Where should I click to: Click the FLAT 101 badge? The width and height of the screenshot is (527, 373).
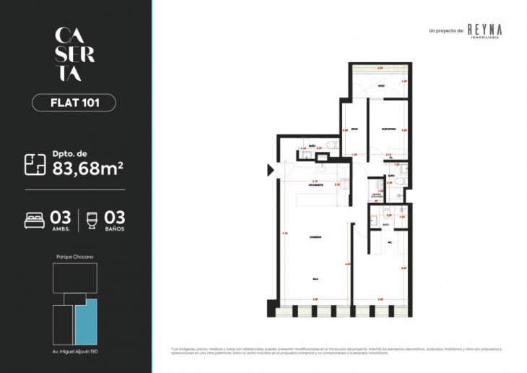pos(74,103)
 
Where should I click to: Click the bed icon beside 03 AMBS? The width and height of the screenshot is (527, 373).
pos(35,219)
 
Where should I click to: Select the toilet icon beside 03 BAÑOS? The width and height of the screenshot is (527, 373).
pos(92,219)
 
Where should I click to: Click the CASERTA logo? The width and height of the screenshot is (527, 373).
pos(74,54)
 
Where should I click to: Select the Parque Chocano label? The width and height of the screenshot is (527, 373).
pos(74,257)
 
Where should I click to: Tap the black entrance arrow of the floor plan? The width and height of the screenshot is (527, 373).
pos(271,171)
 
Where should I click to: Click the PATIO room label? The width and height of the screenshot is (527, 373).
pos(380,86)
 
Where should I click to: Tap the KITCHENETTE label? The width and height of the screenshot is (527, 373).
pos(315,186)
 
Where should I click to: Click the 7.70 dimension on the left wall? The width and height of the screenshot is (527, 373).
pos(284,233)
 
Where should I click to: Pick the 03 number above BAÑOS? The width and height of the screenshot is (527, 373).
pos(116,217)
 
